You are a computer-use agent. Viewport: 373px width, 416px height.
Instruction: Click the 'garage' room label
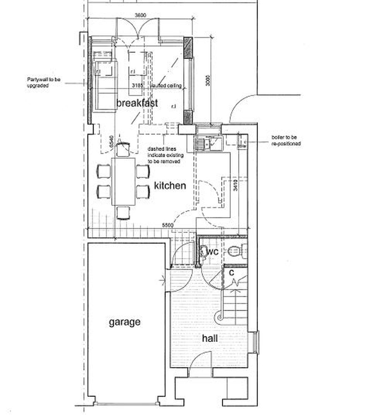(x=124, y=322)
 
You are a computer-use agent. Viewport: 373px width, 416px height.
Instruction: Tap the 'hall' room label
(x=210, y=339)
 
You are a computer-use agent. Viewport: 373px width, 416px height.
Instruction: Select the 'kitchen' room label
(x=170, y=186)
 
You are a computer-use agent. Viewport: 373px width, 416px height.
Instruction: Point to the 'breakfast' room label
(x=137, y=103)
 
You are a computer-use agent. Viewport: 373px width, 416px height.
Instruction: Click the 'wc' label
(x=213, y=252)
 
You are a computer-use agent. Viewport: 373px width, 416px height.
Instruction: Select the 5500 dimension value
(x=168, y=225)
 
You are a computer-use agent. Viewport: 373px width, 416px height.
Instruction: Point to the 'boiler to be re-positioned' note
(x=286, y=140)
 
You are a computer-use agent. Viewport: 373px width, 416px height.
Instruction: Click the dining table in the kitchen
(x=123, y=181)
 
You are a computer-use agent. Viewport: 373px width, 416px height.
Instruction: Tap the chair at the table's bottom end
(x=123, y=212)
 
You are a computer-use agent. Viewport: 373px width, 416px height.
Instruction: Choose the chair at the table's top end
(x=123, y=149)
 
